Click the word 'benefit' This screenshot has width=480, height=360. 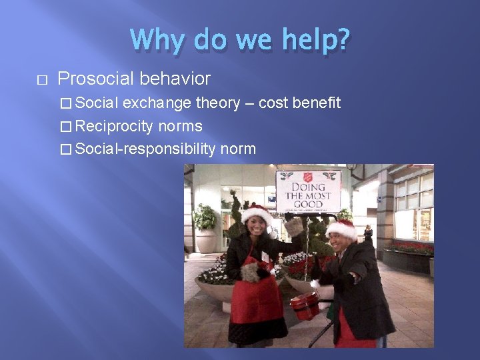point(317,103)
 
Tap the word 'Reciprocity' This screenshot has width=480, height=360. point(114,126)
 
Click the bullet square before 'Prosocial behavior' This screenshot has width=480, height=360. point(43,80)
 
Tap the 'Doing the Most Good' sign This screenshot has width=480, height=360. point(309,191)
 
